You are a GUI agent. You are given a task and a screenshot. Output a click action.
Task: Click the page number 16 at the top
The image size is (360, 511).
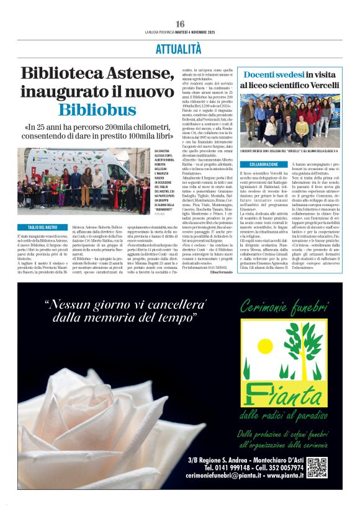(180, 24)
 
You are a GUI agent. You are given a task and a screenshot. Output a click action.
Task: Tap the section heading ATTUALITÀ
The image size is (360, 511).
(179, 48)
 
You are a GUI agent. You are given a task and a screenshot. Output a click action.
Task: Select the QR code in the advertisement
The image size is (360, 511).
(317, 467)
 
